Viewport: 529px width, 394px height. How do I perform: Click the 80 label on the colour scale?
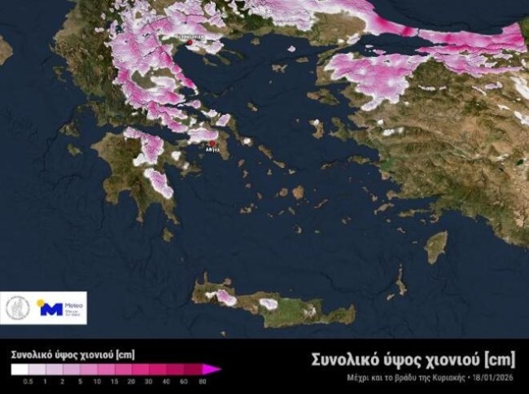[x=202, y=381]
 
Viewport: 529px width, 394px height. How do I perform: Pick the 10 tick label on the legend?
[x=96, y=381]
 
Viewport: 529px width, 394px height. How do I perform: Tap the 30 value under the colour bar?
[x=149, y=381]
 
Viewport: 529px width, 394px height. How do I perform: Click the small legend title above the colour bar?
[x=72, y=355]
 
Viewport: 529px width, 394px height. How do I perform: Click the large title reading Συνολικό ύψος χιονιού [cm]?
[x=413, y=359]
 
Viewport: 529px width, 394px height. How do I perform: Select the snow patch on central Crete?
[x=269, y=304]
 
